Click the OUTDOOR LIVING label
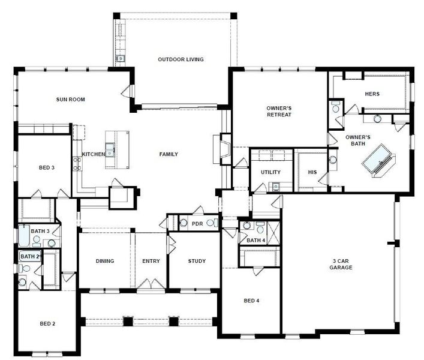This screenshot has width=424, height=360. tap(181, 59)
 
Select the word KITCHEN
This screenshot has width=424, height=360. tap(94, 154)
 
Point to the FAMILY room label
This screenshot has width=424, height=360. tap(168, 154)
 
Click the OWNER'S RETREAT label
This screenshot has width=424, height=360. tap(279, 112)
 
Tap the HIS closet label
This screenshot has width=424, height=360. tap(312, 172)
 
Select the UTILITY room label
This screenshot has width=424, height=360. tap(270, 172)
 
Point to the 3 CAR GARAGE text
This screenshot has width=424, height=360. tap(342, 264)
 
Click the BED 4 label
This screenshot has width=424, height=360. tap(251, 301)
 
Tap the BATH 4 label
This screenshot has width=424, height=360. tap(255, 240)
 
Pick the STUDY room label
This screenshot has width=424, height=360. tap(197, 261)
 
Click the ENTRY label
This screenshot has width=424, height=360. tap(151, 261)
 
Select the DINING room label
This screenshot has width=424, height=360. tap(104, 261)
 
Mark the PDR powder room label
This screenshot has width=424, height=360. tap(197, 224)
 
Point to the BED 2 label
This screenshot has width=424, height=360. tap(47, 324)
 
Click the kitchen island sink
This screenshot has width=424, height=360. tap(110, 146)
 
